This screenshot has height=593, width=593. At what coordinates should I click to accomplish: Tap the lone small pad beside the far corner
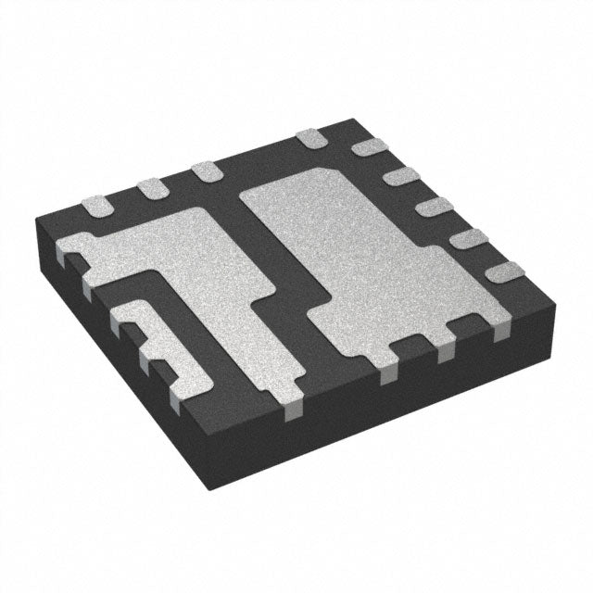pos(312,139)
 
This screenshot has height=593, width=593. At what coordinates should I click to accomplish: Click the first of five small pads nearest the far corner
pos(370,146)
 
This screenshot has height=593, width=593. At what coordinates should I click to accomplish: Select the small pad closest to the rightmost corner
pos(505,271)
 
